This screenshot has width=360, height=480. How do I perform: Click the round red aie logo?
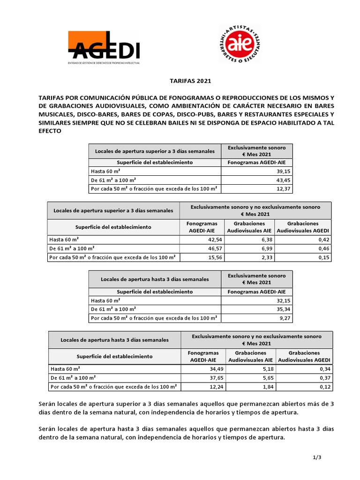[242, 44]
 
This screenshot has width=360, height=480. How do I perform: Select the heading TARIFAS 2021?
[190, 81]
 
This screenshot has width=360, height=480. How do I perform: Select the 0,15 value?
[322, 257]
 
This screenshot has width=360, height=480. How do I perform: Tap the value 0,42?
[322, 240]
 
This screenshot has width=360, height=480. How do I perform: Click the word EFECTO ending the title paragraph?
[50, 132]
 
